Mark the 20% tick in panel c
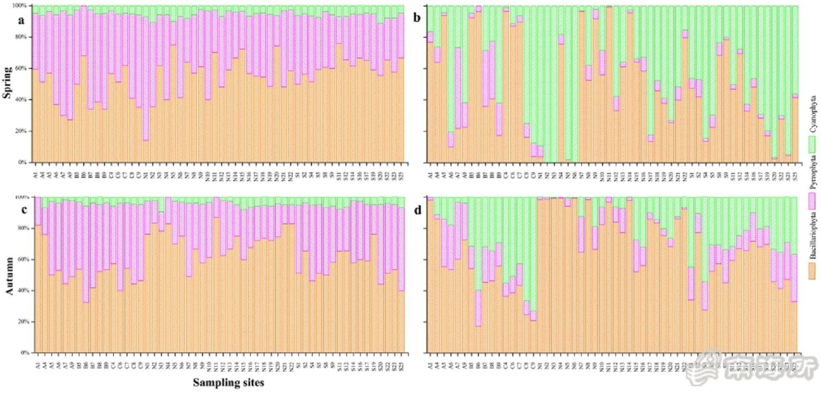25,322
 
